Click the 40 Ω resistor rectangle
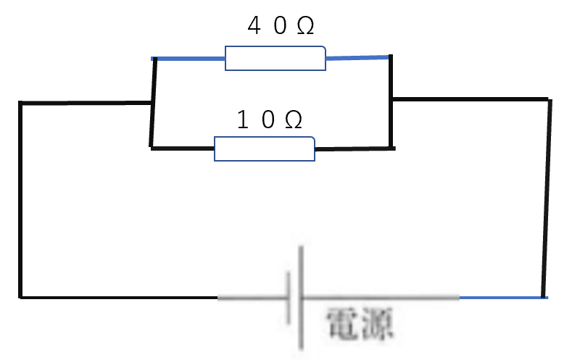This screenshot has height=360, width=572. [275, 58]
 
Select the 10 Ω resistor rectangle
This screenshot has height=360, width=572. [265, 148]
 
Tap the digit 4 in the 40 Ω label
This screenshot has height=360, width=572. [254, 26]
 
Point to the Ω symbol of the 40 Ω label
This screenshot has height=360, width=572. [305, 27]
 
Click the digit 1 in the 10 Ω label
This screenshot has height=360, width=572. [243, 120]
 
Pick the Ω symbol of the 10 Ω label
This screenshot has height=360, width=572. [294, 120]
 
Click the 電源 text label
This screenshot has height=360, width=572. [360, 323]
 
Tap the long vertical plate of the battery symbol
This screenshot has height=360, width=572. [301, 298]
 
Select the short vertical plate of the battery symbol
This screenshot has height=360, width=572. [289, 298]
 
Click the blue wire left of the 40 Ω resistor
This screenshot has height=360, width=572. [188, 58]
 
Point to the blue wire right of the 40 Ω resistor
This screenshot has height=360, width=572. [357, 57]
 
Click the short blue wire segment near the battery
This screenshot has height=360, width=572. [503, 298]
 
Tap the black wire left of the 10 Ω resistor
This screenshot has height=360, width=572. [183, 148]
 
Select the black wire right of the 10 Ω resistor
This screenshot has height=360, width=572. [355, 148]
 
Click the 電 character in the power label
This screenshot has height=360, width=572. [342, 323]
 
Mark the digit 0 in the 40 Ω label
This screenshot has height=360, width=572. [280, 26]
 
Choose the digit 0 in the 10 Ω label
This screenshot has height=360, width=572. [268, 120]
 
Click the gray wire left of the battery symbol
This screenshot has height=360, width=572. [252, 298]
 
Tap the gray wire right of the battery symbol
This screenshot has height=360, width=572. [381, 298]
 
